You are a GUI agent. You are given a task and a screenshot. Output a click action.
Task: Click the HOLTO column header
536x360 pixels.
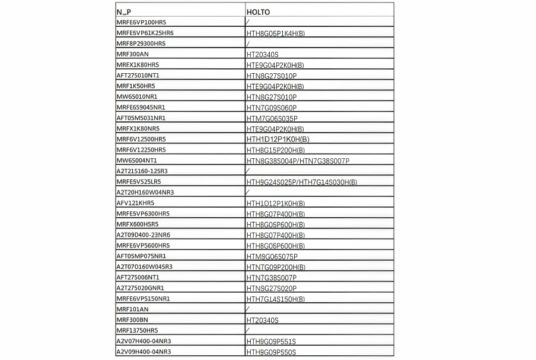[258, 11]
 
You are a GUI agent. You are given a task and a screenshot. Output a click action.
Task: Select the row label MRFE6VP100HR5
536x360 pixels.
[141, 22]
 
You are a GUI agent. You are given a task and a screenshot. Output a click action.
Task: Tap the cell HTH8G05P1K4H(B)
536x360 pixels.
[276, 33]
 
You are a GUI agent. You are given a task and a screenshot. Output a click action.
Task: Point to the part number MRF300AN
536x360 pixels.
[133, 54]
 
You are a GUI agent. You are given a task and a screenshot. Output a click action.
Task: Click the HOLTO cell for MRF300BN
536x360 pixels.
[263, 320]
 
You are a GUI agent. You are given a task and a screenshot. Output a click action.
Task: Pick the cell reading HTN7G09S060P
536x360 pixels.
[272, 108]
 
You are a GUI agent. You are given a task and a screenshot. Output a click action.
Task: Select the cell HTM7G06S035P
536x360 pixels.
[272, 118]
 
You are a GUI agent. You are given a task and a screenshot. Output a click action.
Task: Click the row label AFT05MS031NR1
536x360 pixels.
[141, 118]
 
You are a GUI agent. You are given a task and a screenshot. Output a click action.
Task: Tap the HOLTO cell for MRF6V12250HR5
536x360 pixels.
[276, 150]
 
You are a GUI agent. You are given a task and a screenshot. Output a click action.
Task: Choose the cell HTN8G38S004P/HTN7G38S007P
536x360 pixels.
[298, 161]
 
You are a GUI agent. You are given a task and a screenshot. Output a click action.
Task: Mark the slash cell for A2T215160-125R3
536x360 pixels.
[248, 171]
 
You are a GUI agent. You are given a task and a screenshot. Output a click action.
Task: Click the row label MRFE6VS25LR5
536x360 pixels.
[139, 181]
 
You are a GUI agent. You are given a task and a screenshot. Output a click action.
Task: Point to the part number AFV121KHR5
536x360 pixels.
[135, 203]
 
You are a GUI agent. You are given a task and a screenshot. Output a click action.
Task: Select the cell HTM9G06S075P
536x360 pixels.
[272, 256]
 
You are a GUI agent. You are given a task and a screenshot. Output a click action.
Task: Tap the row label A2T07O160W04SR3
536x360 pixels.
[145, 267]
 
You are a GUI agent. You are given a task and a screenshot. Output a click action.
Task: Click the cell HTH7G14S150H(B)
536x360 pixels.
[276, 299]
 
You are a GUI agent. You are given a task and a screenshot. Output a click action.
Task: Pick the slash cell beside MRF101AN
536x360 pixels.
[248, 309]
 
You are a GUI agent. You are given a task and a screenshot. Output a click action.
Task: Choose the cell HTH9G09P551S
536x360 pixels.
[271, 342]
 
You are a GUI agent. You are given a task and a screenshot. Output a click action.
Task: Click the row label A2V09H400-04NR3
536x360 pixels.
[144, 352]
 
